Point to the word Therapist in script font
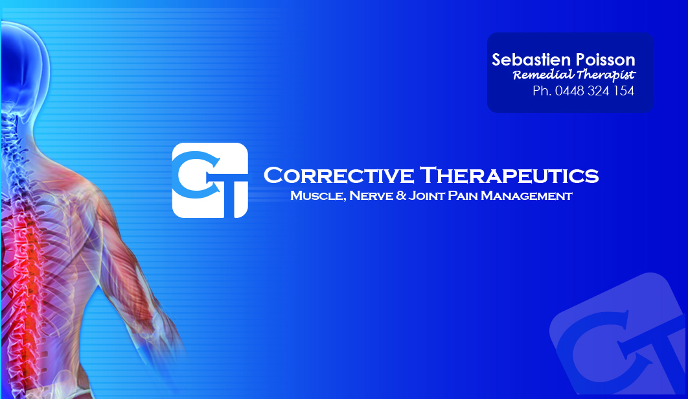[x=606, y=75]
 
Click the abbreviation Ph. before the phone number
[x=542, y=91]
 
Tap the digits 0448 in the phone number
[x=569, y=91]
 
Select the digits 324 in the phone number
[x=598, y=91]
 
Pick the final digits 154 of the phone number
[x=623, y=91]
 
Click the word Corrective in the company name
[x=339, y=175]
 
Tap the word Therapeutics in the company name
[x=509, y=175]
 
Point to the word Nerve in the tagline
[x=371, y=195]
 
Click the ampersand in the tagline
[x=401, y=195]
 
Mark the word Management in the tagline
[x=527, y=195]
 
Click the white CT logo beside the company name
[x=210, y=180]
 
